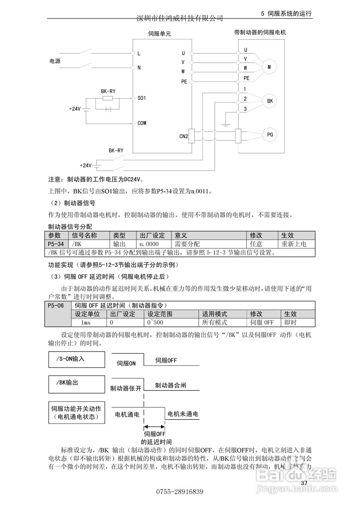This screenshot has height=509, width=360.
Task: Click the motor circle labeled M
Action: (269, 67)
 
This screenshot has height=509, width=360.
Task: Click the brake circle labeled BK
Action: (270, 101)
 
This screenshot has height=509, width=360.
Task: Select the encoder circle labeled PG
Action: (270, 135)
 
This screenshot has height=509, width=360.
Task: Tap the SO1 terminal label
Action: (142, 97)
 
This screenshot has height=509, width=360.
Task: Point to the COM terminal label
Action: (142, 123)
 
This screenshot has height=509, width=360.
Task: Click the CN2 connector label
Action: (183, 136)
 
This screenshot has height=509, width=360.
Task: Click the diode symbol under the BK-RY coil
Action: (108, 108)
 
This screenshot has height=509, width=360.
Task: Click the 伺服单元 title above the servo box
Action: (159, 34)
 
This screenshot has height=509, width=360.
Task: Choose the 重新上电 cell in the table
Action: (294, 244)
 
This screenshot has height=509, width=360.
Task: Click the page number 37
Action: (305, 483)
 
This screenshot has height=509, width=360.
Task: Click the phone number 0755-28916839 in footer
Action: (180, 492)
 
